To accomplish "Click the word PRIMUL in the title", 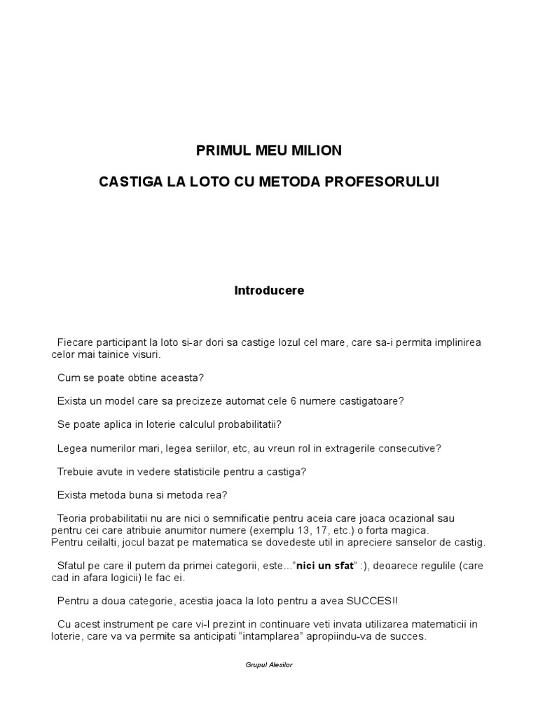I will click(x=218, y=151).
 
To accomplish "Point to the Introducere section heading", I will click(x=269, y=291).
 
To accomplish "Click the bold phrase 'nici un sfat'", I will click(x=324, y=566).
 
